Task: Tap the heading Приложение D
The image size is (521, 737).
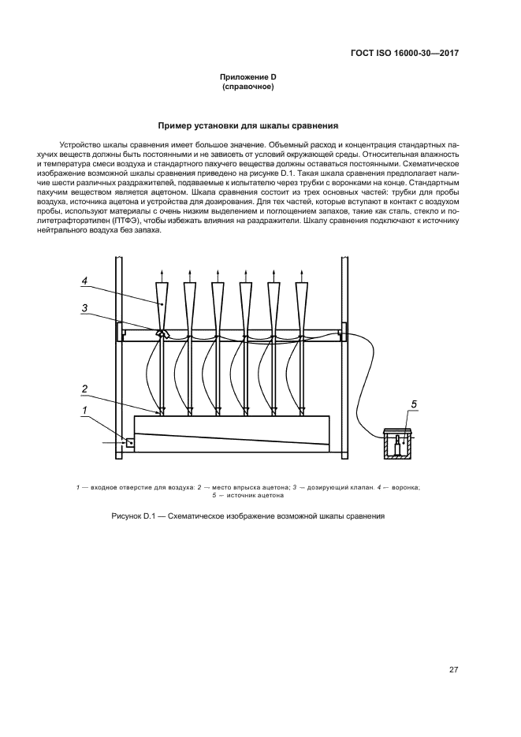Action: (247, 76)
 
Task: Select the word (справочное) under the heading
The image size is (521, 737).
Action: (247, 87)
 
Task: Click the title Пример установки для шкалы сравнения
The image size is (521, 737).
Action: (248, 125)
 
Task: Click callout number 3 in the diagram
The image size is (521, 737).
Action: (84, 308)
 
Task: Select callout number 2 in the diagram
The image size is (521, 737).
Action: (84, 388)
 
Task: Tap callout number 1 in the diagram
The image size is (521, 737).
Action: (84, 409)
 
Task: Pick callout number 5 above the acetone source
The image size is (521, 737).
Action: (413, 404)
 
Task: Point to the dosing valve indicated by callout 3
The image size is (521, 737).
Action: (162, 333)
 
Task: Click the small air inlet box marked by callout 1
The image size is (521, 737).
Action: (129, 444)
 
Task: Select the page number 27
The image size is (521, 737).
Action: (453, 670)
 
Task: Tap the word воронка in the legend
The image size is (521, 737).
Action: (402, 487)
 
